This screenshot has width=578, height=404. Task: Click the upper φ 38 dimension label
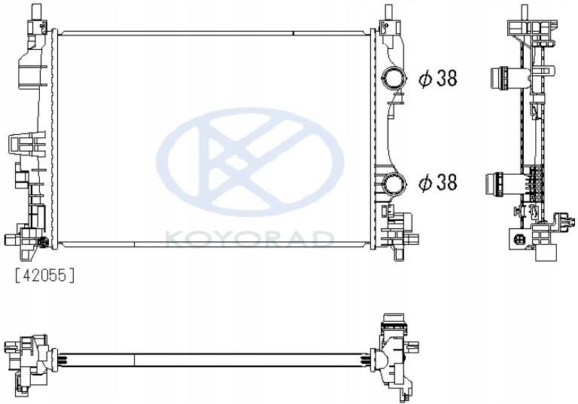438,78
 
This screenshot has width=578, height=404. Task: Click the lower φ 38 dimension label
438,182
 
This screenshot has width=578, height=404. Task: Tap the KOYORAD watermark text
249,240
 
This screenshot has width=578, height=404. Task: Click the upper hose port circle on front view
393,78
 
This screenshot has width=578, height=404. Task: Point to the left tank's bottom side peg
11,240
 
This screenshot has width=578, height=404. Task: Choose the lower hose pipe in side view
498,182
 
